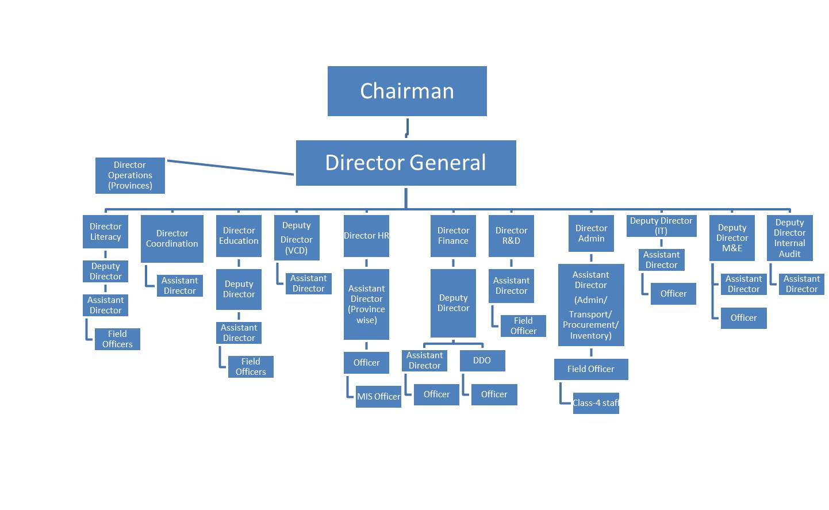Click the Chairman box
click(407, 91)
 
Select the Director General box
click(406, 163)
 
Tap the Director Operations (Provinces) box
click(130, 175)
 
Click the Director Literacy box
click(105, 232)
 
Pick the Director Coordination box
click(172, 239)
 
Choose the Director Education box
click(239, 236)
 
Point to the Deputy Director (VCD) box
click(297, 237)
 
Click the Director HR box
click(366, 236)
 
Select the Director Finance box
click(453, 236)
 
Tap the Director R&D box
click(511, 236)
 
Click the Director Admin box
click(591, 233)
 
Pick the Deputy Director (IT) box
click(661, 225)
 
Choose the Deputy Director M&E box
click(732, 238)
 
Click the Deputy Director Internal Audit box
click(789, 238)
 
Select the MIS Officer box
click(378, 397)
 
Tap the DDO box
click(482, 361)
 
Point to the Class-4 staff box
click(596, 403)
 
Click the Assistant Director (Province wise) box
click(366, 304)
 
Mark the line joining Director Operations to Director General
click(230, 167)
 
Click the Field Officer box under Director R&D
click(523, 326)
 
